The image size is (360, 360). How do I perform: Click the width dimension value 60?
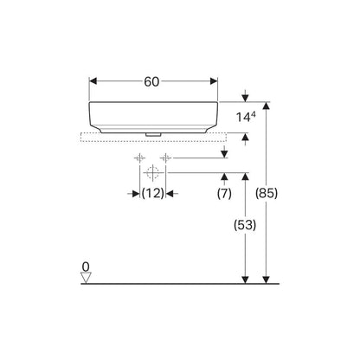(x=151, y=82)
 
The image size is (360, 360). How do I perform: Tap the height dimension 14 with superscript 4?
(x=246, y=117)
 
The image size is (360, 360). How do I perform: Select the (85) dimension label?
(x=267, y=193)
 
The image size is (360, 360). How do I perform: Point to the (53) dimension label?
(x=245, y=225)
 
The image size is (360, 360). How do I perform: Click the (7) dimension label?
(x=224, y=194)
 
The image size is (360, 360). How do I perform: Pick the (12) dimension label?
(x=153, y=193)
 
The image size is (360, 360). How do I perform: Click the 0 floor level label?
(x=86, y=267)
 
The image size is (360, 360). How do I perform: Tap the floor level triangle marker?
(x=86, y=278)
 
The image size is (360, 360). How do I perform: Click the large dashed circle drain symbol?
(x=152, y=172)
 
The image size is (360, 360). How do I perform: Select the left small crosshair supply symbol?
(x=139, y=158)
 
